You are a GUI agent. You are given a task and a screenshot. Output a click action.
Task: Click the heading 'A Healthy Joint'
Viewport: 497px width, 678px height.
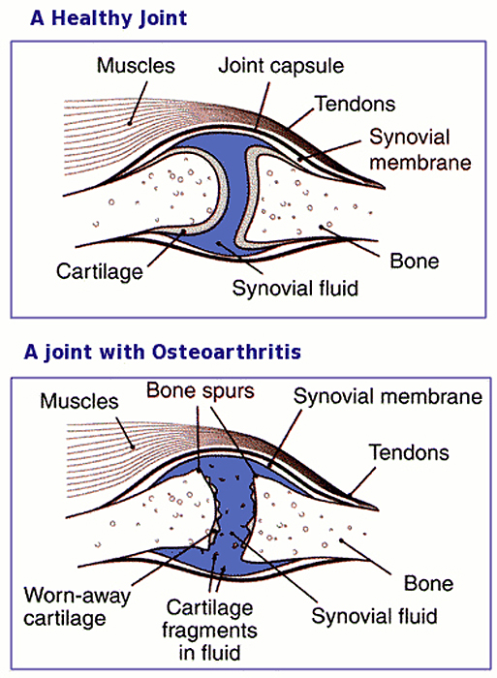[109, 18]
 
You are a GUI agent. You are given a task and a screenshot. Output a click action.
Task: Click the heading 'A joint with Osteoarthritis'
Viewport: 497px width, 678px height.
[162, 352]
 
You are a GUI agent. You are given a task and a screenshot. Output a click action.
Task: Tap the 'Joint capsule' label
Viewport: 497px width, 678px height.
[281, 66]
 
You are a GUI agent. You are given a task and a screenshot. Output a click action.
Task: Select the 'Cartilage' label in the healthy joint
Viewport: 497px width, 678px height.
[100, 272]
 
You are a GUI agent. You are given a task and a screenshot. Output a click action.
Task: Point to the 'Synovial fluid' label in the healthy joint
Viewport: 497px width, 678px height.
[295, 288]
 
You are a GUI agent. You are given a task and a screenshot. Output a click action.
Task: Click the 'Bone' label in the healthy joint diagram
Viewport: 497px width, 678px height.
[415, 262]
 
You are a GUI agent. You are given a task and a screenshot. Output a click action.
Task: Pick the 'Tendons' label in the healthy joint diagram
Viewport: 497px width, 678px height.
[356, 104]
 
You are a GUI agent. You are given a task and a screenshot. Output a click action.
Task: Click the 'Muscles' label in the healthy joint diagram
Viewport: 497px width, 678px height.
[136, 66]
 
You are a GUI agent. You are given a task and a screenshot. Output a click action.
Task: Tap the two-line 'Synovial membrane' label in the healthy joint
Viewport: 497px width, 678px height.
[420, 150]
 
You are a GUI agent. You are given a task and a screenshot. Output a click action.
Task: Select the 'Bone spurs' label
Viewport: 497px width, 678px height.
[201, 390]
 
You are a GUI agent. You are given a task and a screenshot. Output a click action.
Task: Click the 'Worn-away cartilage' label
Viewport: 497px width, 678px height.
[77, 606]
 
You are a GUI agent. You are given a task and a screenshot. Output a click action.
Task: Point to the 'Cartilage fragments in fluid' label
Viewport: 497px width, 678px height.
[210, 631]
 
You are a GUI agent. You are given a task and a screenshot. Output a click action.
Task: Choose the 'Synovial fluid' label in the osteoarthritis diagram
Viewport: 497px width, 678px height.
[375, 616]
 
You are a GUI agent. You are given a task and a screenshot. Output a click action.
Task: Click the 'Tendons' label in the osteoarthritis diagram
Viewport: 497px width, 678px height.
[409, 452]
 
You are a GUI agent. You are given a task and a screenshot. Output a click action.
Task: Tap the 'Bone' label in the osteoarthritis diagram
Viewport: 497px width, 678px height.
[428, 584]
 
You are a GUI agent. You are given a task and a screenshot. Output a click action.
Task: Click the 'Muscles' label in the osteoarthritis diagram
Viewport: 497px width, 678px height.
[79, 401]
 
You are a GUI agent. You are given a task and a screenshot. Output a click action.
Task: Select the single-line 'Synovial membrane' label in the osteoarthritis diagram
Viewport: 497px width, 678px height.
[388, 396]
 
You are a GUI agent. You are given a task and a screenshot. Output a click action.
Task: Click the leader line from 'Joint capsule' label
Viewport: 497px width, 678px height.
[263, 106]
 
